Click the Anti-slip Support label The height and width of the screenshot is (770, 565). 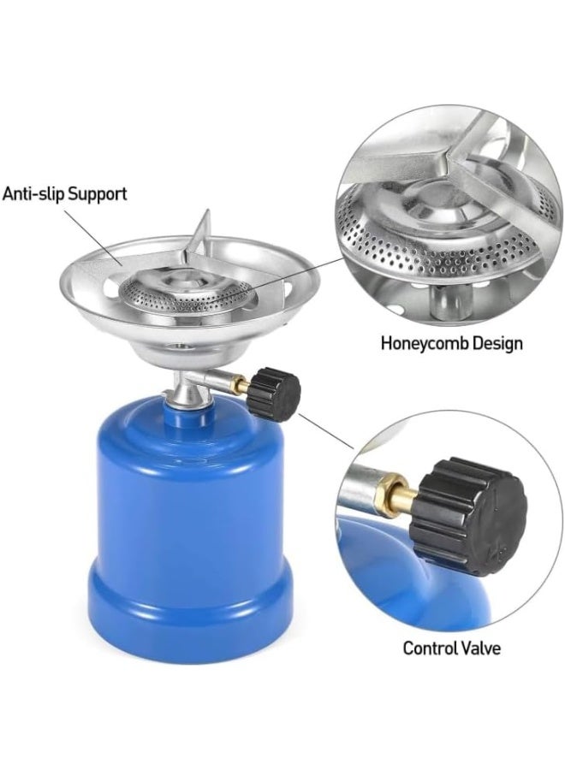click(x=64, y=193)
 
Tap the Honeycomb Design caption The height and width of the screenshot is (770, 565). click(x=451, y=344)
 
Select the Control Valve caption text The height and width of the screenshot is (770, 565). click(x=451, y=647)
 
